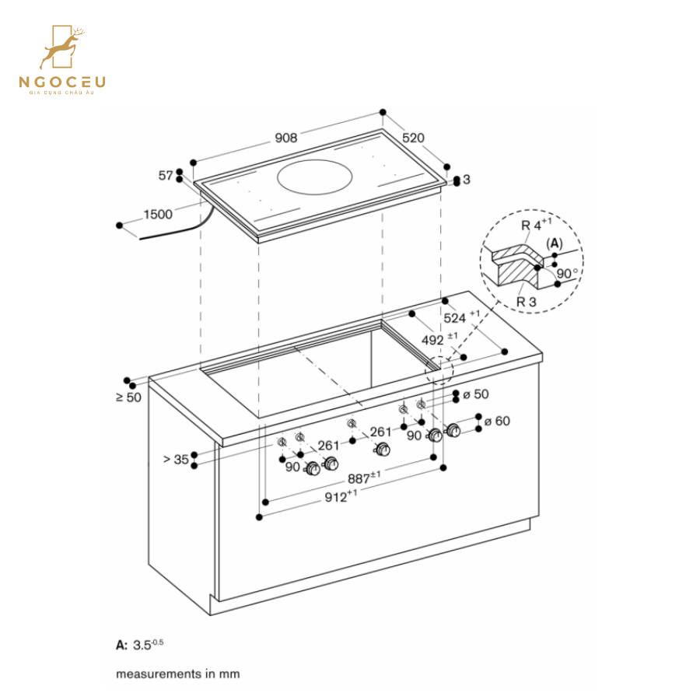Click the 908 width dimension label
tap(285, 138)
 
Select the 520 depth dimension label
tap(413, 138)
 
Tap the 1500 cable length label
tap(158, 215)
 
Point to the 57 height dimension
tap(165, 176)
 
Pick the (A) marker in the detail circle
tap(554, 243)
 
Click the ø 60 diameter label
tap(496, 421)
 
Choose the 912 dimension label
tap(340, 498)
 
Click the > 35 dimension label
tap(176, 459)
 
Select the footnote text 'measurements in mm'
tap(178, 674)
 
